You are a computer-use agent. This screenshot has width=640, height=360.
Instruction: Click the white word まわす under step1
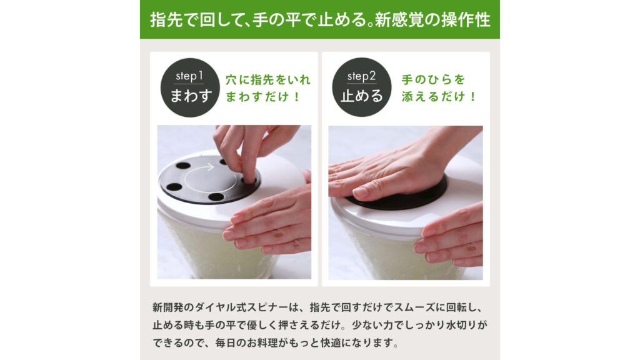189,96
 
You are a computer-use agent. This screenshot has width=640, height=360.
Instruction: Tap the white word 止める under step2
361,96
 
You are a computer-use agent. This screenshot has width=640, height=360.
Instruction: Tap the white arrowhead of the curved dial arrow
211,167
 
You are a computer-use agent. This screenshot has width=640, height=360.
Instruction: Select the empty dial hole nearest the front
216,197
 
